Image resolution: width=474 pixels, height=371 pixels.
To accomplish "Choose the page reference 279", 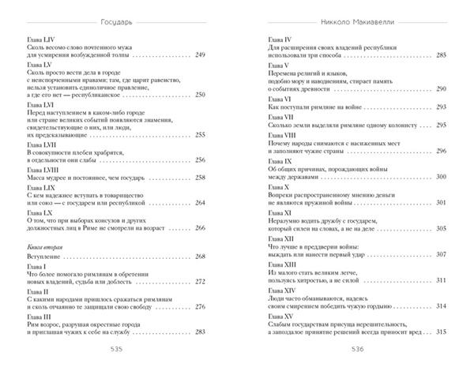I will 200,330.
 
